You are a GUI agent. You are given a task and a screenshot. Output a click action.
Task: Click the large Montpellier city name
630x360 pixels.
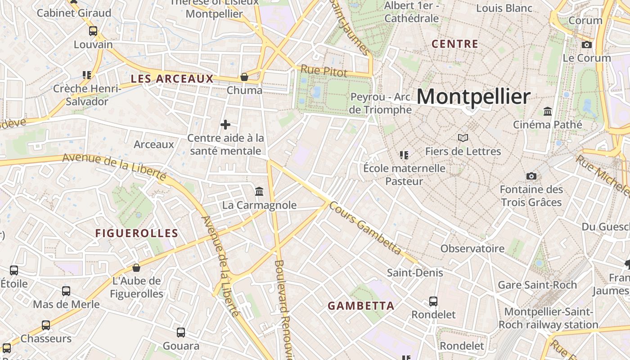473,97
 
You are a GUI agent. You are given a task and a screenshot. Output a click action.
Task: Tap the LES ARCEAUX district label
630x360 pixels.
172,79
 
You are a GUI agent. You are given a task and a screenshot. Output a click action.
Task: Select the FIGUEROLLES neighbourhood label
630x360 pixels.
137,233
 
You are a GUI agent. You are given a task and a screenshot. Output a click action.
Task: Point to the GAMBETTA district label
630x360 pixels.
361,306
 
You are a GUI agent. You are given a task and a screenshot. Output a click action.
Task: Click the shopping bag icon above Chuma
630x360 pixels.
244,77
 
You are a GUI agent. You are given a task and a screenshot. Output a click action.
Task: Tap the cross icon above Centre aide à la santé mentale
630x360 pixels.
225,125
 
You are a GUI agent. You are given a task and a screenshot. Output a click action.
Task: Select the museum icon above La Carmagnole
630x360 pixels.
259,192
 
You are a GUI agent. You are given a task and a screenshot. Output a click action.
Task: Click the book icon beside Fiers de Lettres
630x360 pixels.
463,138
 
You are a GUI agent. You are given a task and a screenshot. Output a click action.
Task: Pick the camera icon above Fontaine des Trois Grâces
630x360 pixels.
531,176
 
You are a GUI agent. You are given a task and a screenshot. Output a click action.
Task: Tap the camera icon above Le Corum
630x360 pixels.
587,45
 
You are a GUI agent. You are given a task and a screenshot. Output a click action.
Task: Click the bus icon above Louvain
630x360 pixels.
93,31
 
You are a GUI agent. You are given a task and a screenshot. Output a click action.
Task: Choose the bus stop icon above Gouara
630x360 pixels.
181,333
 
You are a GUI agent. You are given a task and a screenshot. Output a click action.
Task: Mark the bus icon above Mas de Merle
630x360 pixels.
66,291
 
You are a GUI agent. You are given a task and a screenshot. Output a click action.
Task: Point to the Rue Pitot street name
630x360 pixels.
324,71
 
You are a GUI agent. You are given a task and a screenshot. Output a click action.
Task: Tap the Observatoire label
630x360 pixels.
472,248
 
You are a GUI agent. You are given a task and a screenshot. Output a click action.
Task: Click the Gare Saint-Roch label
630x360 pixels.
537,285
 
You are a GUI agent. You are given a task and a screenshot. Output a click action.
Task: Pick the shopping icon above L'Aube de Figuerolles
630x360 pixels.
136,268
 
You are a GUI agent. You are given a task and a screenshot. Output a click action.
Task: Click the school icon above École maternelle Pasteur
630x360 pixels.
404,155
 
